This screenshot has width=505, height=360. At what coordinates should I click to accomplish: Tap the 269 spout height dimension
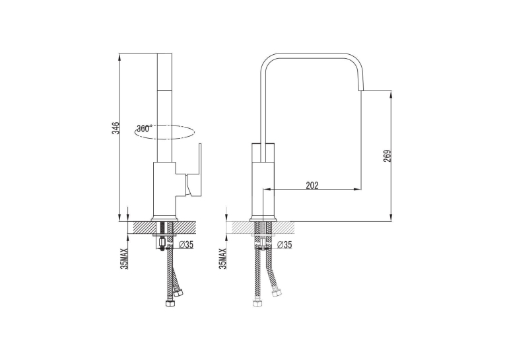[387, 156]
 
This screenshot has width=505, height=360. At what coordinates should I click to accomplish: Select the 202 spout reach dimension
[312, 186]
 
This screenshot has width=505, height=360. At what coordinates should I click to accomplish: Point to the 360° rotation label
[143, 128]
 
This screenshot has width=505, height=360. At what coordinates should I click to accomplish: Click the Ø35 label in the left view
[185, 245]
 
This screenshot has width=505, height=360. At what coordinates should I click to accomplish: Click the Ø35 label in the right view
[285, 245]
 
